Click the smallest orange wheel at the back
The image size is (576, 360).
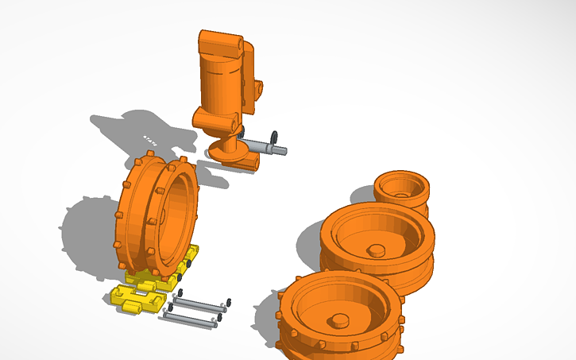[x=401, y=191]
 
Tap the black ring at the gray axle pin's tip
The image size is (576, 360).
[x=274, y=136]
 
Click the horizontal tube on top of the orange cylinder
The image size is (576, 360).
[x=219, y=44]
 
